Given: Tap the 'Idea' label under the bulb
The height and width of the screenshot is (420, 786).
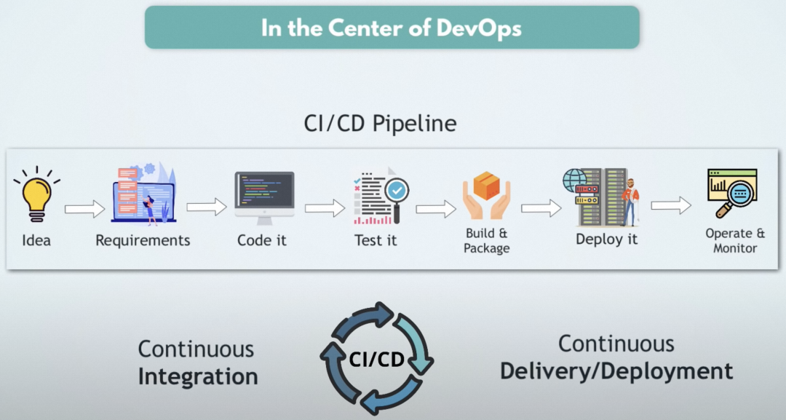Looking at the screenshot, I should pos(36,240).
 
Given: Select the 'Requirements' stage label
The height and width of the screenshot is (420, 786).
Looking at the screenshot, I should pos(143,240).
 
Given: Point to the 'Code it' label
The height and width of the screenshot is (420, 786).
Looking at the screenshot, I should pos(262,240).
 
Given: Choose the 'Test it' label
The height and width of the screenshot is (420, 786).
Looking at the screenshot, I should pos(376,240).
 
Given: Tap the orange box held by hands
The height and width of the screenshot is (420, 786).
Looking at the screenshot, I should pos(487,185).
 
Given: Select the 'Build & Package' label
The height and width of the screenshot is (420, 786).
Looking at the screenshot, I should pos(487,241).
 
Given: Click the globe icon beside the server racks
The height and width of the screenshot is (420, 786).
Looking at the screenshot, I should pos(573,179).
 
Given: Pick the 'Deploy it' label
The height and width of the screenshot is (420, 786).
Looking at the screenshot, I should pos(606,239).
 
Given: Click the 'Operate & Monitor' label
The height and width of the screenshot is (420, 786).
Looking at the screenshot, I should pos(735,241).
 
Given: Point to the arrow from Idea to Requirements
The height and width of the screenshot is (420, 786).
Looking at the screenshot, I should pos(84,210).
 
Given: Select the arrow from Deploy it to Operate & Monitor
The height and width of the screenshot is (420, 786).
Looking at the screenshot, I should pos(671,206).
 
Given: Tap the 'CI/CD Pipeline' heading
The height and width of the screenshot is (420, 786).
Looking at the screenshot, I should pos(380,124).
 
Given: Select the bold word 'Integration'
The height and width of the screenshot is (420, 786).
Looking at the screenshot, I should pos(198,377).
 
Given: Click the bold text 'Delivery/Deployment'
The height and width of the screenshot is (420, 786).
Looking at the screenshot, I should pos(616,371).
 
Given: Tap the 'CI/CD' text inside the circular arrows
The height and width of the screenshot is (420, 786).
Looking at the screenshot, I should pos(377,359).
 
